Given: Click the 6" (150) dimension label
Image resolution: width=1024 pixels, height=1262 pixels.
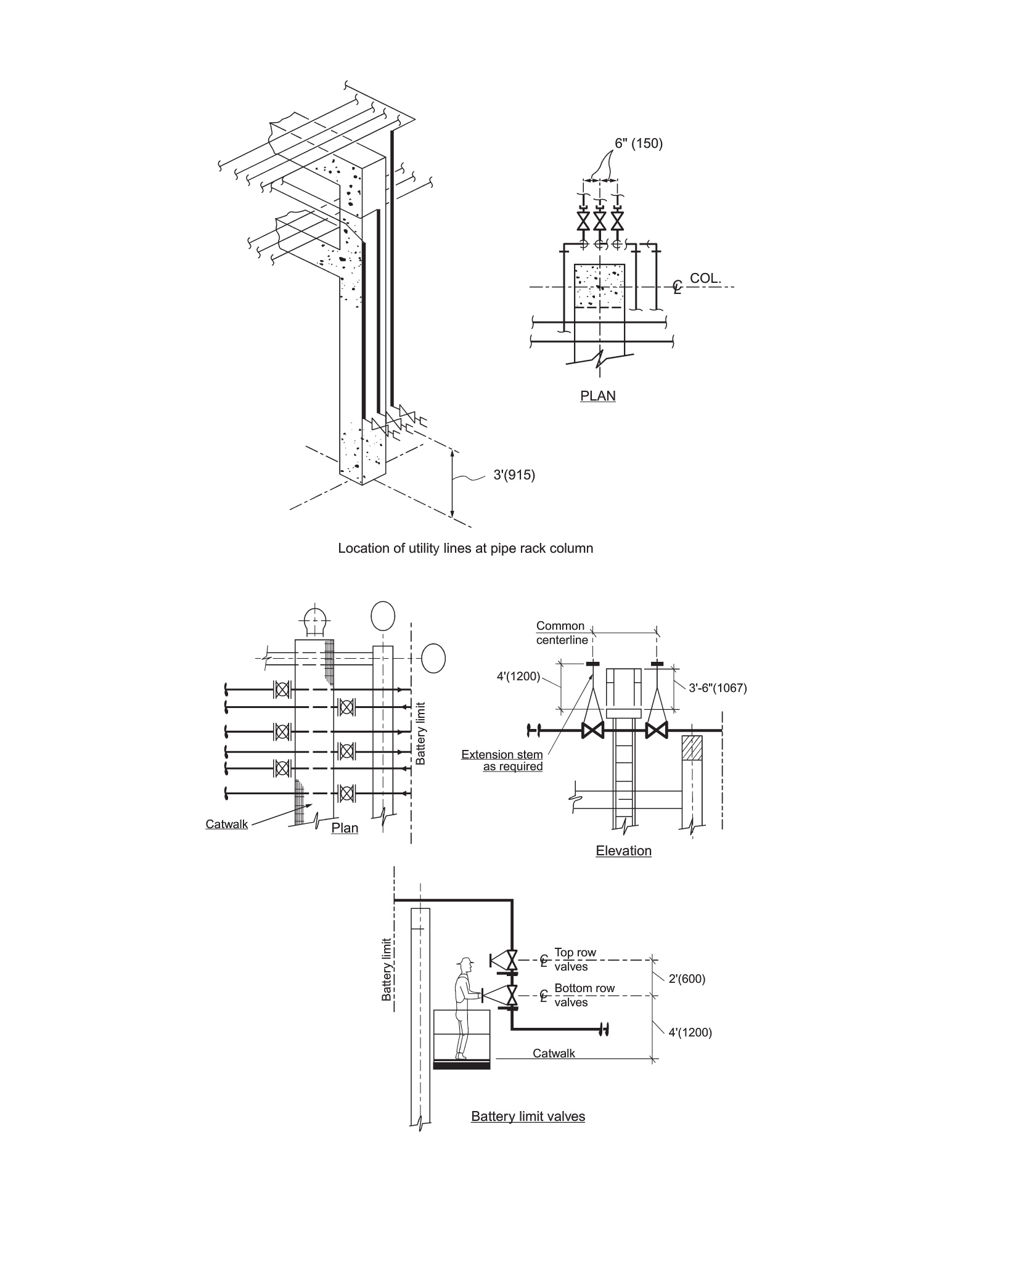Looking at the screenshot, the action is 638,144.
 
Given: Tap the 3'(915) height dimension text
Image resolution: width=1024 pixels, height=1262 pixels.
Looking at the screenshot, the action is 514,475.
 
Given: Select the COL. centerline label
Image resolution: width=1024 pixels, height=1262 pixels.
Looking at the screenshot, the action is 705,278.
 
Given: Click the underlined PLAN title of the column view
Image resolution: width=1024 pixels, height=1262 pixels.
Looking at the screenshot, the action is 598,396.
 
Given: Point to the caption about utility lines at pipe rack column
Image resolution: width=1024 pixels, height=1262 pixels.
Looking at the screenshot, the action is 465,548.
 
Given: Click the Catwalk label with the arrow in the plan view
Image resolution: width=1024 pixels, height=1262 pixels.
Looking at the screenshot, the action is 227,824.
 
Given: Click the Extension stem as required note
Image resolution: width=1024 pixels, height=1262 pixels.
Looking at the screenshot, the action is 502,760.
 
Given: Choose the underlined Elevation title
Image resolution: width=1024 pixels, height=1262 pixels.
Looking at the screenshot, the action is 623,851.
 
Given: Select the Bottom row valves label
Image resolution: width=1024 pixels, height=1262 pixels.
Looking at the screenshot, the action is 584,995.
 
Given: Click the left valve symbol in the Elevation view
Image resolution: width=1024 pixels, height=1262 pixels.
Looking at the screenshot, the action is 593,731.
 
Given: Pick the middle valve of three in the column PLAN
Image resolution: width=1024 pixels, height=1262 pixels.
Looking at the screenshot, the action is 599,220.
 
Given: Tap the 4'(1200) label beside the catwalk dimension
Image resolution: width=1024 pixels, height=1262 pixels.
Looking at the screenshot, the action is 690,1032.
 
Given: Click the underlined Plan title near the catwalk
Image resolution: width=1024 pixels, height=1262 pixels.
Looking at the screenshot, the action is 345,828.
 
